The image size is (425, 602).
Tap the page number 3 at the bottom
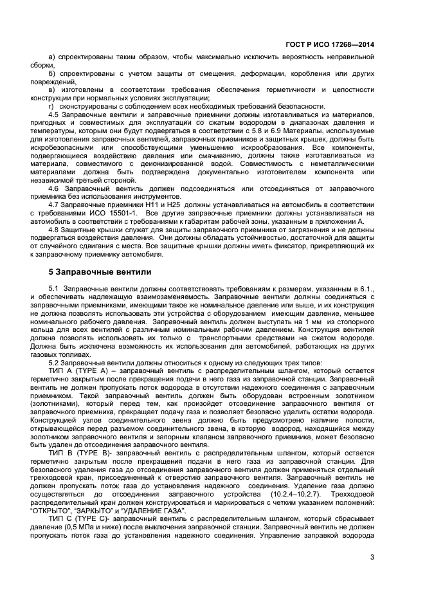click(x=372, y=558)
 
